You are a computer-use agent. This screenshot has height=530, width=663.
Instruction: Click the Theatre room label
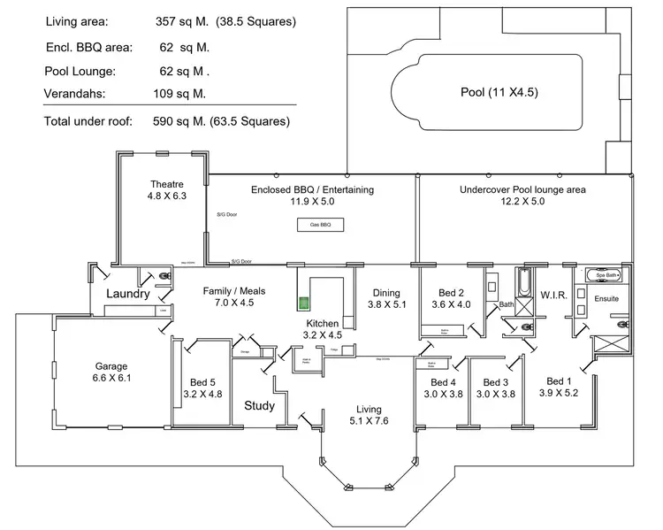point(166,184)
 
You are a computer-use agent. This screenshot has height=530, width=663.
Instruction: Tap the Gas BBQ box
point(320,226)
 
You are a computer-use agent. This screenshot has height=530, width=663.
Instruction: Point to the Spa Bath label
point(606,275)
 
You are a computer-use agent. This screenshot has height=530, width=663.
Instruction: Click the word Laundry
point(127,294)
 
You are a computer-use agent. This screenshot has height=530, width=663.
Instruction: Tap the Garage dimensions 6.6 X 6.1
point(112,378)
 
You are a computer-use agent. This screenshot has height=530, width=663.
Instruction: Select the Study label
point(259,406)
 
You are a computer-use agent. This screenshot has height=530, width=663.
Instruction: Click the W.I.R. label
point(553,294)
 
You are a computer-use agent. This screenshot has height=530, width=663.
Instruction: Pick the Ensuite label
point(606,299)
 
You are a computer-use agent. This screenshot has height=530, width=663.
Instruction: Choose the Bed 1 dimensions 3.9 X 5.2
point(559,393)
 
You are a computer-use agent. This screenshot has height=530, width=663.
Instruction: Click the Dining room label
point(386,293)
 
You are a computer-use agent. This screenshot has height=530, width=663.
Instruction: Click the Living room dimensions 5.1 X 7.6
point(369,420)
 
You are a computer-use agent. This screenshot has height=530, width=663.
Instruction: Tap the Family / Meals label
point(234,290)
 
